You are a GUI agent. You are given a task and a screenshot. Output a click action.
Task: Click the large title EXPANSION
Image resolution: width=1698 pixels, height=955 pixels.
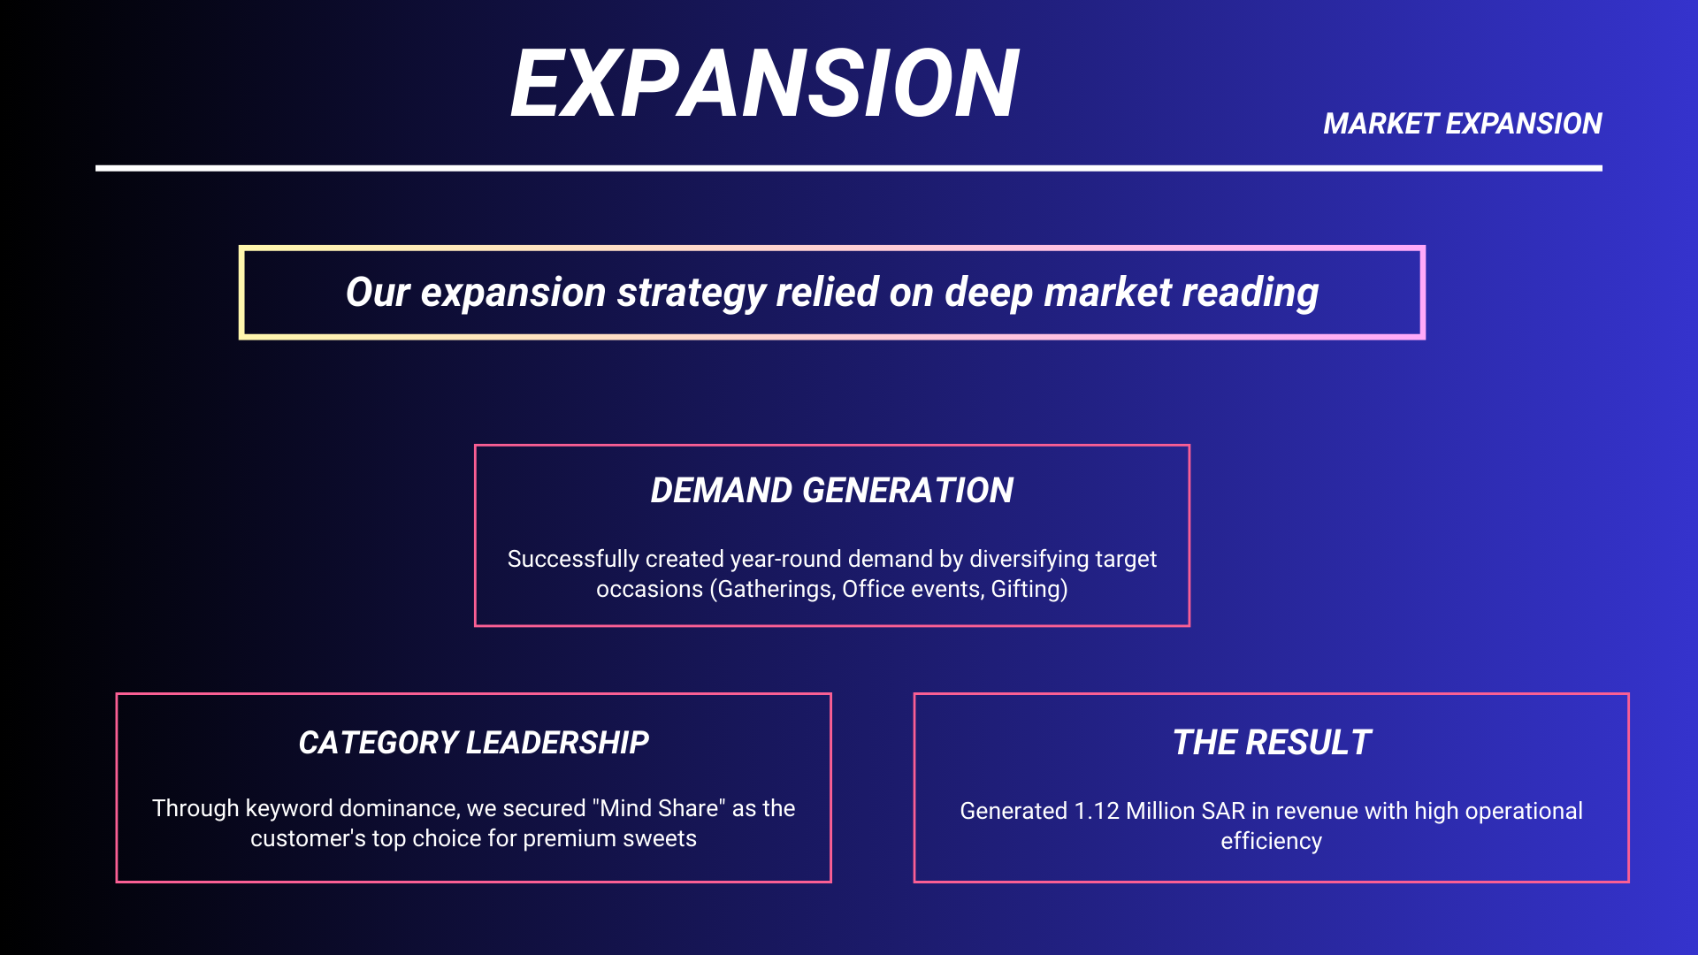(x=765, y=83)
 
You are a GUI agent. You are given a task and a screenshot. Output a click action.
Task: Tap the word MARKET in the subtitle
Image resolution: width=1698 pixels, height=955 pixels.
(x=1381, y=124)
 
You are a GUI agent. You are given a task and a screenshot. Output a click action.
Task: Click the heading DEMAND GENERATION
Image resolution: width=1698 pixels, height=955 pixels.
(x=832, y=490)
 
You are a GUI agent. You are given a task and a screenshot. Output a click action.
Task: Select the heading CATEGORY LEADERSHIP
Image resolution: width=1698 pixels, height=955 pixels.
(x=474, y=743)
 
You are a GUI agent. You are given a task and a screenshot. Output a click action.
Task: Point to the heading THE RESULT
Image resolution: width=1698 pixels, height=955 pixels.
(x=1272, y=743)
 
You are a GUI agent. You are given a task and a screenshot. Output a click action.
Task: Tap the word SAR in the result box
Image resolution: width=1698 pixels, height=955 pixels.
(x=1224, y=811)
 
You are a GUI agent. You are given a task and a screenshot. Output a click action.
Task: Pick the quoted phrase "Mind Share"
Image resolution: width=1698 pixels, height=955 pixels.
(x=660, y=808)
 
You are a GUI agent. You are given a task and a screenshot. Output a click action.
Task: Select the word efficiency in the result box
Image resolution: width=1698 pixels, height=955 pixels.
(x=1272, y=841)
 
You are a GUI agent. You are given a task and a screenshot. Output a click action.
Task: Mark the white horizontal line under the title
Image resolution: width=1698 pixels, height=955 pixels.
(x=849, y=168)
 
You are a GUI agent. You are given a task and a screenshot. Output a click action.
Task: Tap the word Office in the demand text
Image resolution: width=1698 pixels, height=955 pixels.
(x=869, y=589)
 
